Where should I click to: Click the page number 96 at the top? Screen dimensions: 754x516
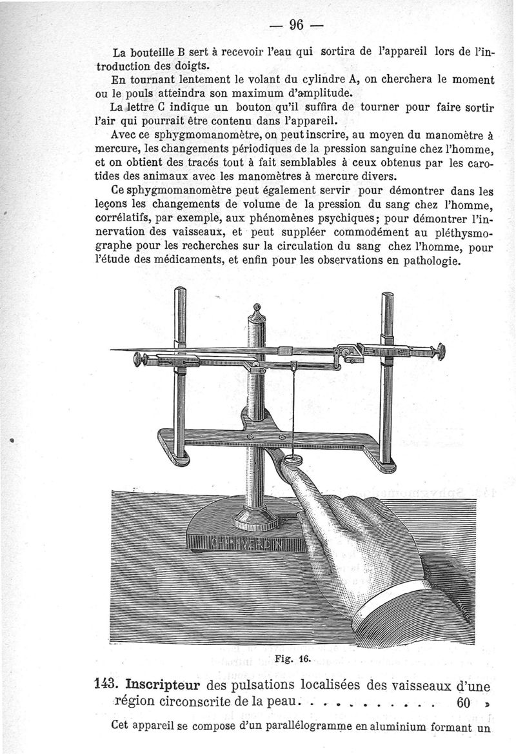297,25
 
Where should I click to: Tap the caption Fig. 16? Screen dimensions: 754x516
297,659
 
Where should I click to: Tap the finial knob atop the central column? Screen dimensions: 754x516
256,310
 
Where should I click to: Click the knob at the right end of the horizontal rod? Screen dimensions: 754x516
441,351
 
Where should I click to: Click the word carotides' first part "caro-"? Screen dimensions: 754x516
479,164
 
